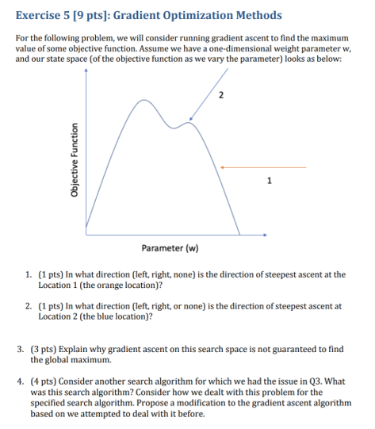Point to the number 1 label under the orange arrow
pos(269,179)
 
